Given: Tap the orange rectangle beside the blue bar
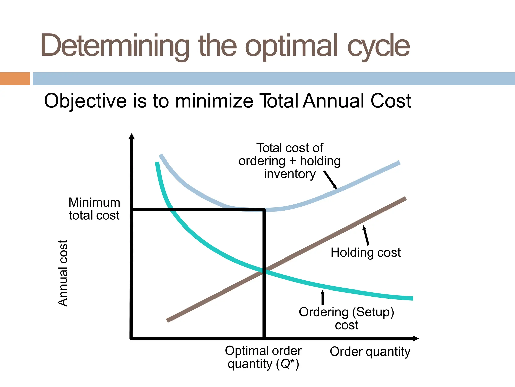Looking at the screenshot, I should [x=15, y=79].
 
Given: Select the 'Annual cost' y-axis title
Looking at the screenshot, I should [x=63, y=273].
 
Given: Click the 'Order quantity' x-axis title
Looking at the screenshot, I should [x=370, y=352].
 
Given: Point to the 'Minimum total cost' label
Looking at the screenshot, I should [x=94, y=209].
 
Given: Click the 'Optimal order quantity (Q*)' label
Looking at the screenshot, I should [x=263, y=357].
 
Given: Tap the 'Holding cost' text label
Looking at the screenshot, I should [x=365, y=253].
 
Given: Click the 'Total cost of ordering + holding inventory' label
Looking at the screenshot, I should [x=290, y=161].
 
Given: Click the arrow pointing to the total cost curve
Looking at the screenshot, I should [x=330, y=180].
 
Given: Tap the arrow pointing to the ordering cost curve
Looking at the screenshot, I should [x=322, y=298].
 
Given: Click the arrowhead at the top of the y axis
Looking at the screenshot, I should [x=132, y=136].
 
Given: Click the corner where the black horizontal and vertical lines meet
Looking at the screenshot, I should [x=264, y=210].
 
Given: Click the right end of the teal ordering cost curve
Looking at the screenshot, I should [x=412, y=298].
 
